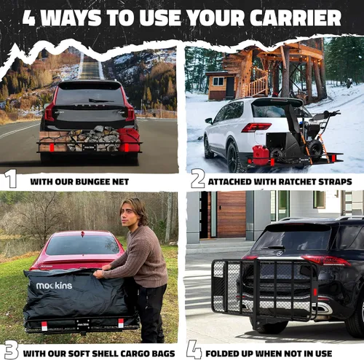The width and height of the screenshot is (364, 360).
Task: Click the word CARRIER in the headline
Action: point(296,17)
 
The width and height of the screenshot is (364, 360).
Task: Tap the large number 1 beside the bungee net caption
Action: point(10,179)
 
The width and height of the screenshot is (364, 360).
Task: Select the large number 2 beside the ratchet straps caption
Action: point(197,179)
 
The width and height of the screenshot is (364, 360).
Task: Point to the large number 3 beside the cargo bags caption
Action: point(11,350)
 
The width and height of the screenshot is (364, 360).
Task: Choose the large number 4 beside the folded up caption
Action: point(194,350)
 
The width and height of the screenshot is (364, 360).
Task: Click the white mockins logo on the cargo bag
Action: point(54,286)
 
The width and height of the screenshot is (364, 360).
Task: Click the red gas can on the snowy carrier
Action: point(261,155)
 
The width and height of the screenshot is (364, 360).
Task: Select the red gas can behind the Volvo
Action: point(129,141)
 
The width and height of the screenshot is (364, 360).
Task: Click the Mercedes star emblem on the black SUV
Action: point(280,254)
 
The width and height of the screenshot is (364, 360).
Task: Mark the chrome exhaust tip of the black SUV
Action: point(323,308)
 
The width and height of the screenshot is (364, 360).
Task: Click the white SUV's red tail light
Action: point(256,127)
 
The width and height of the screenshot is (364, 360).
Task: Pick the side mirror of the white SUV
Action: point(209,120)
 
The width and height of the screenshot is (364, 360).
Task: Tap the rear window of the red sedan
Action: point(82,245)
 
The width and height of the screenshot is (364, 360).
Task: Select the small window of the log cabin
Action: point(218,82)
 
